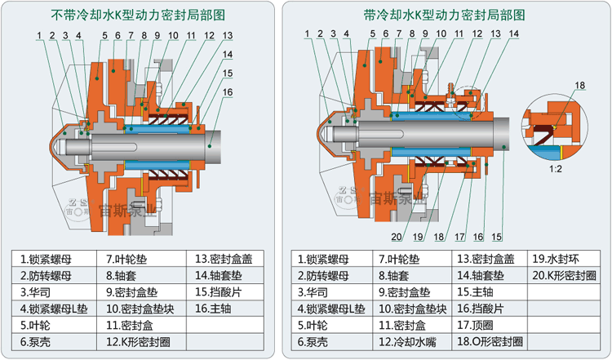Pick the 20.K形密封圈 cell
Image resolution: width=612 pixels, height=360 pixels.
(563, 275)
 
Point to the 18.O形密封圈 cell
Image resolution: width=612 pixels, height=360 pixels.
(489, 340)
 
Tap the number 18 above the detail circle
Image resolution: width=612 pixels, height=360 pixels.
(580, 86)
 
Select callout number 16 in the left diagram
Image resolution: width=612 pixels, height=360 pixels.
(227, 92)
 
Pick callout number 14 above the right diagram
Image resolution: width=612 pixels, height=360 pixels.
(512, 33)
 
